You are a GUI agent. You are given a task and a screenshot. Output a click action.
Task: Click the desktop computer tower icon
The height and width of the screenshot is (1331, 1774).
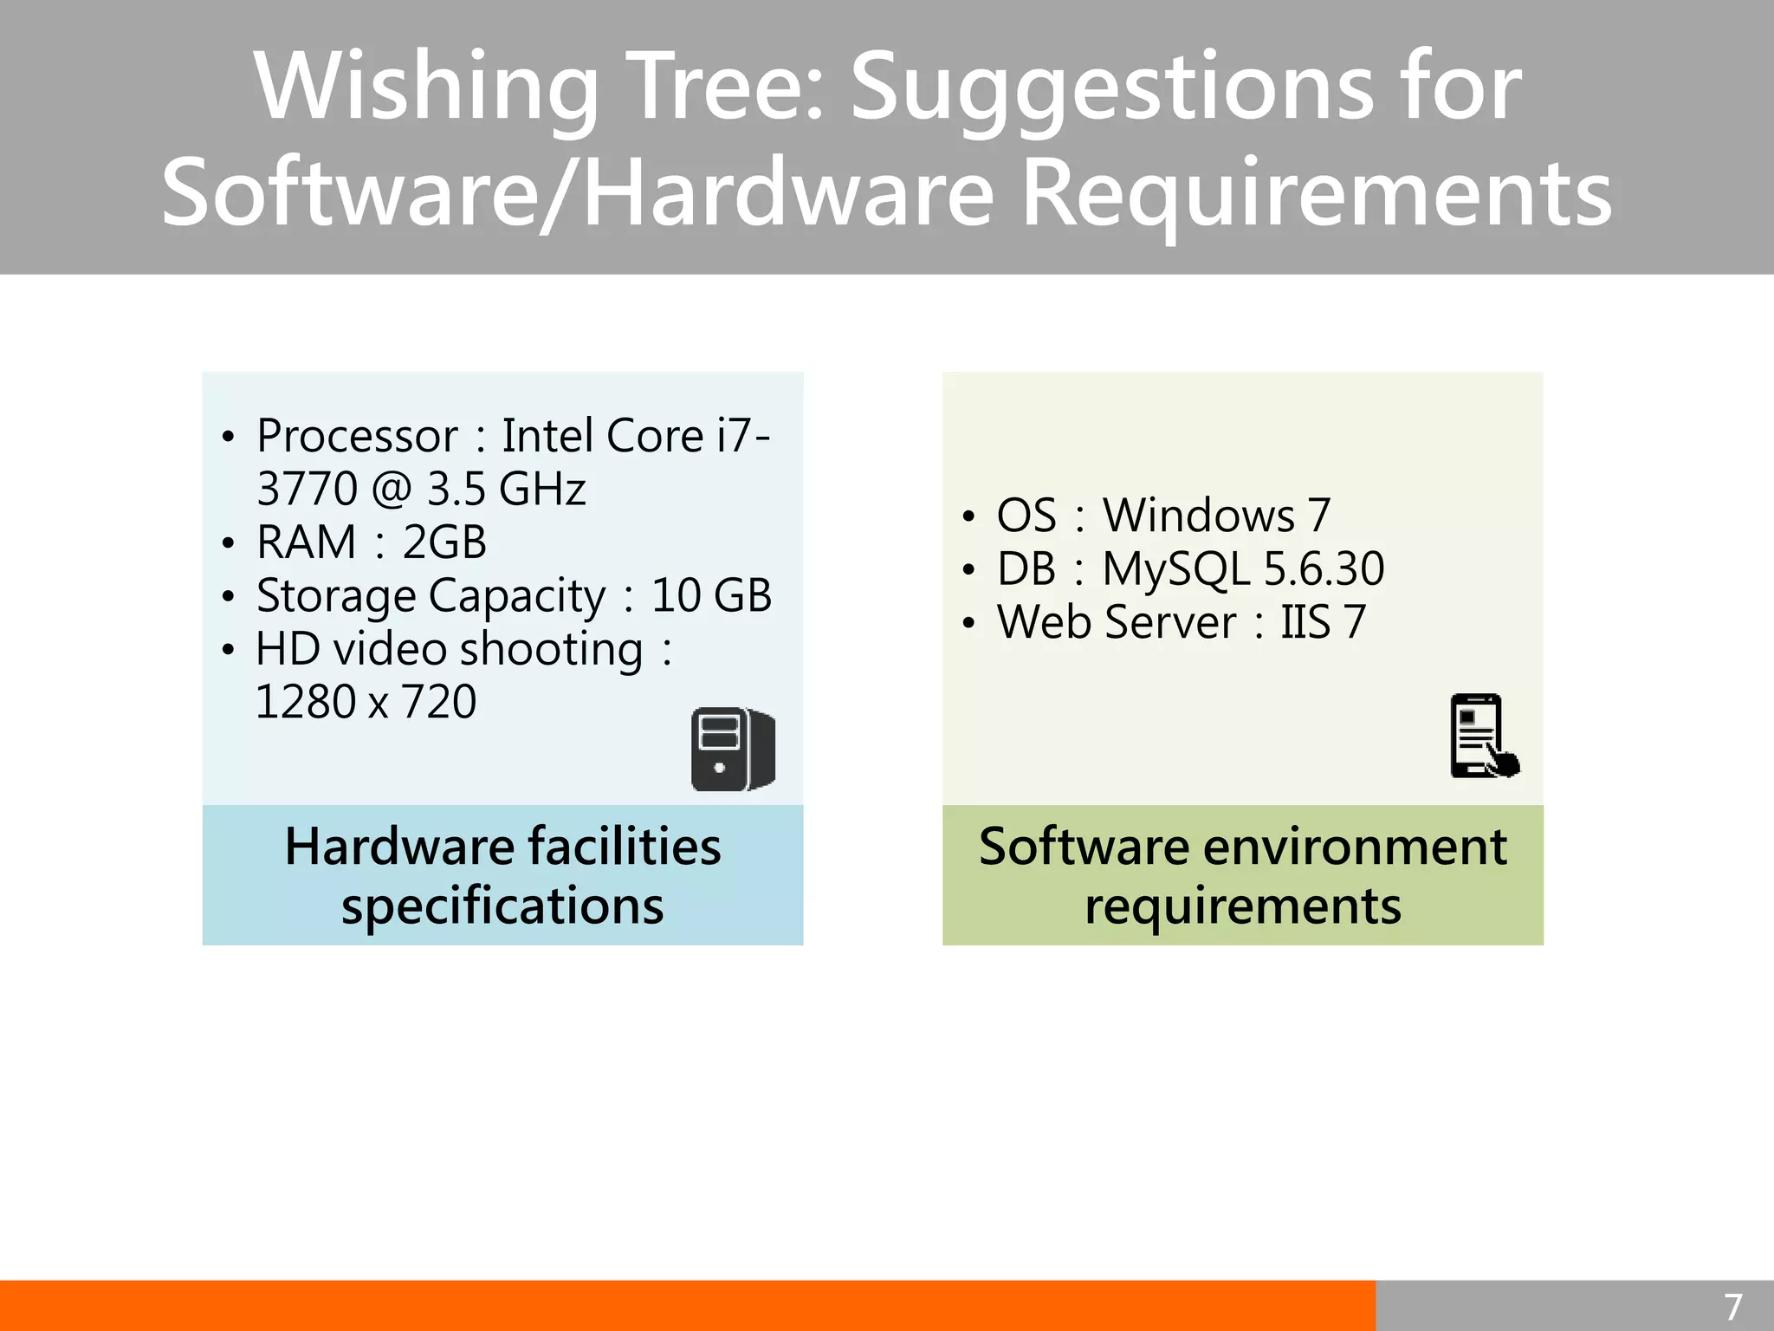point(733,750)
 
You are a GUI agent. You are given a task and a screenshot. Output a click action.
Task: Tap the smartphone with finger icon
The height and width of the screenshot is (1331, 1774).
point(1483,737)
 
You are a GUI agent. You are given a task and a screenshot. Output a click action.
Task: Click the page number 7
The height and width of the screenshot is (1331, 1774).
point(1732,1307)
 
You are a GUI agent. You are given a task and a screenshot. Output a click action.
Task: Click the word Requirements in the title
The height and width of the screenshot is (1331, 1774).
point(1317,194)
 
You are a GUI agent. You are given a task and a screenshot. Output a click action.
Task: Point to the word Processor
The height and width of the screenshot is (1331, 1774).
point(357,436)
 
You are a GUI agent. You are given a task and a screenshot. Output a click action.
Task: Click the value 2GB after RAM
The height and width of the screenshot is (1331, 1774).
point(444,543)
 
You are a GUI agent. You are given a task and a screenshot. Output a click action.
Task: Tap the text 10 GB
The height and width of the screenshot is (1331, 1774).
point(711,596)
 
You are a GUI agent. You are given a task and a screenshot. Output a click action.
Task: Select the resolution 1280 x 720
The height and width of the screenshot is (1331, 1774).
point(366,703)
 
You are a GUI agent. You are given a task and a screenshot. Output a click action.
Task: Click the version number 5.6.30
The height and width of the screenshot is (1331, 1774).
point(1324,569)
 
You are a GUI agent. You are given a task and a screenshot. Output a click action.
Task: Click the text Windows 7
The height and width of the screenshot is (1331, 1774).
point(1216,516)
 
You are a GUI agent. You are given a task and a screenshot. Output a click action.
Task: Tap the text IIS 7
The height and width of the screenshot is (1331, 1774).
point(1323,623)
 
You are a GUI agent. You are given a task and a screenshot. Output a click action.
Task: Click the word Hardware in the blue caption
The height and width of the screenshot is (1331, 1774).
point(399,847)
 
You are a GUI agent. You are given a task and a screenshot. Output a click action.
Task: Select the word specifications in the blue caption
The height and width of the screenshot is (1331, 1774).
point(502,906)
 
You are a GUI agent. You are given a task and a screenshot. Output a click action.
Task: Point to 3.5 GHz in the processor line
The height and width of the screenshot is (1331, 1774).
point(506,490)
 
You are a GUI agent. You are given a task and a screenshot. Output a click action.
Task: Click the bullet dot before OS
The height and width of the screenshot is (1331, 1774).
point(968,517)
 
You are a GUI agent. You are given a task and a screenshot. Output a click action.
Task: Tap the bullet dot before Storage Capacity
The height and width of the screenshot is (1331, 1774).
point(228,597)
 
